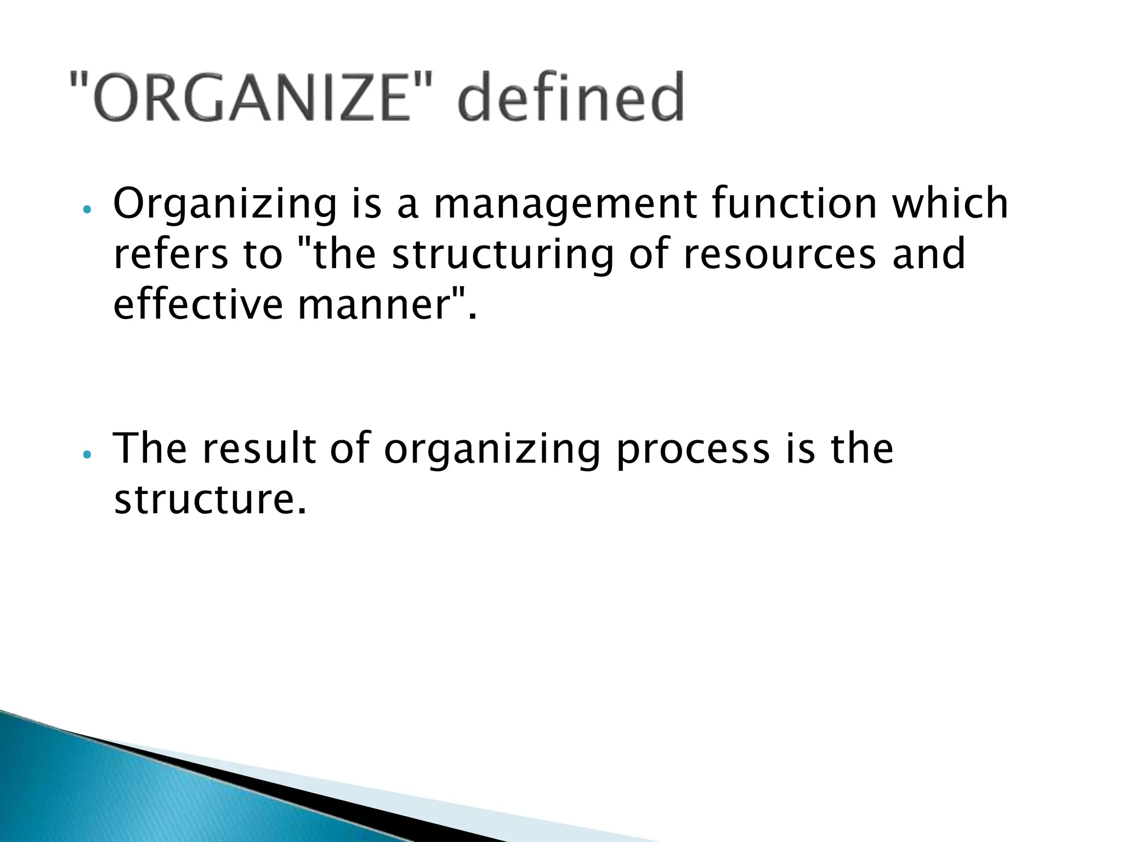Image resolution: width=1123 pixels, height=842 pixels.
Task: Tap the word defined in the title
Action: [x=571, y=99]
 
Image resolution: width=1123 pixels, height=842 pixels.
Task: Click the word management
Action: [x=565, y=204]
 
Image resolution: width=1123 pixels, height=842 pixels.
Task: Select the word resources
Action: [x=779, y=255]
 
